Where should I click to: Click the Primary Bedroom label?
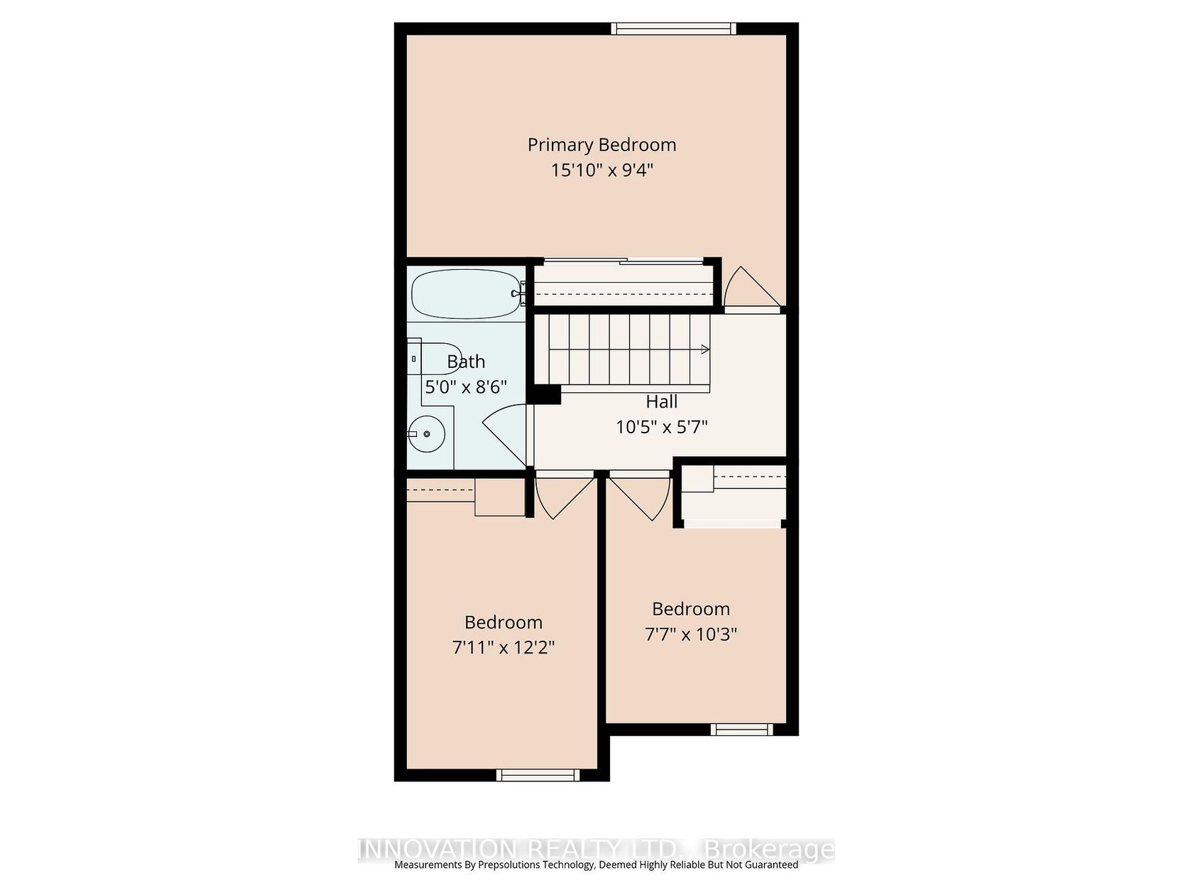(x=601, y=145)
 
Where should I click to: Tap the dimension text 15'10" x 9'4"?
(x=601, y=170)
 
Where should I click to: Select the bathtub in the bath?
(x=465, y=294)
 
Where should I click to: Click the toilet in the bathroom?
(x=434, y=359)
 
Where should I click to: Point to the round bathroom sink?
(x=427, y=433)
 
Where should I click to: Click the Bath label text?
(x=466, y=362)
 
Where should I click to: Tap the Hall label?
(x=661, y=402)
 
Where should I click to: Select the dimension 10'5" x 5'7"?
(x=661, y=427)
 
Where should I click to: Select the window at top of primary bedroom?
(x=673, y=29)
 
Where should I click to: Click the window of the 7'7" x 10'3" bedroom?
(x=741, y=729)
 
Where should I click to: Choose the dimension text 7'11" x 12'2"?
(x=503, y=647)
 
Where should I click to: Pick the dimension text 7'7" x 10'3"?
(x=690, y=634)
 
